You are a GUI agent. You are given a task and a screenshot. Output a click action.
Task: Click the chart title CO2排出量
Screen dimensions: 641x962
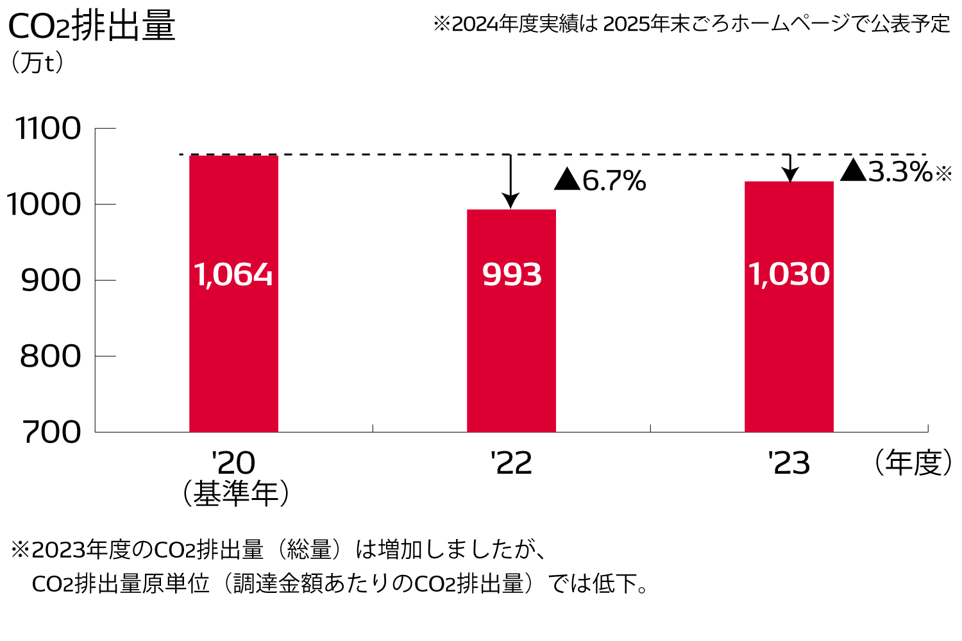click(x=91, y=27)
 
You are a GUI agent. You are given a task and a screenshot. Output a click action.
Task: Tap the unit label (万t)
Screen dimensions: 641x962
click(x=37, y=63)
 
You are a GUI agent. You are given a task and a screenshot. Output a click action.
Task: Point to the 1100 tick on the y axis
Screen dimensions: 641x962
click(x=49, y=129)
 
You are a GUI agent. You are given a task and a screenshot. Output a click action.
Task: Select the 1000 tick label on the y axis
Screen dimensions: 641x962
click(x=44, y=204)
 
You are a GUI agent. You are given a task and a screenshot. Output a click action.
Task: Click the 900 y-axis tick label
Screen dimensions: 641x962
click(x=51, y=280)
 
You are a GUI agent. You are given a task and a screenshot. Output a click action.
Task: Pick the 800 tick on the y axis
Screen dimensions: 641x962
click(x=51, y=356)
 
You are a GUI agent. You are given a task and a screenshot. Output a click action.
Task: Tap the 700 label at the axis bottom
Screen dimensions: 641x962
click(x=53, y=432)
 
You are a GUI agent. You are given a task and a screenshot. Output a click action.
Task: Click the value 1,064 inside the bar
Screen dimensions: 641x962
click(x=233, y=274)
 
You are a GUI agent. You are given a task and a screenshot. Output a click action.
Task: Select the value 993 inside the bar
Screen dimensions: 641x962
click(x=512, y=274)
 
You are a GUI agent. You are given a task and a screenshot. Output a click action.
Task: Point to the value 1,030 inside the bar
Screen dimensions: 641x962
click(x=789, y=274)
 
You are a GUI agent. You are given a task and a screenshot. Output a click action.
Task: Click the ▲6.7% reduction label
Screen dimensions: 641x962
click(x=600, y=181)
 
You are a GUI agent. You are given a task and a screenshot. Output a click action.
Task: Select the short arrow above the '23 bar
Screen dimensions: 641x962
click(x=790, y=168)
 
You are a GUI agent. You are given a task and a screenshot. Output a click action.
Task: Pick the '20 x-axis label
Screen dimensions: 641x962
click(x=233, y=463)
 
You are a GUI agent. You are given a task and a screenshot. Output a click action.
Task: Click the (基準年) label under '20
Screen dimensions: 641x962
click(x=235, y=494)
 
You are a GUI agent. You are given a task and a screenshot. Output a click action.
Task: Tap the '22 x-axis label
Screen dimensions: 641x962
click(x=511, y=463)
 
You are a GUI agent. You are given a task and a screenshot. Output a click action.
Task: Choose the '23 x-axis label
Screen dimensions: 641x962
click(x=789, y=463)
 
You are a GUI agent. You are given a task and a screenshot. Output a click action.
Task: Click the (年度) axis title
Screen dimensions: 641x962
click(x=913, y=463)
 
